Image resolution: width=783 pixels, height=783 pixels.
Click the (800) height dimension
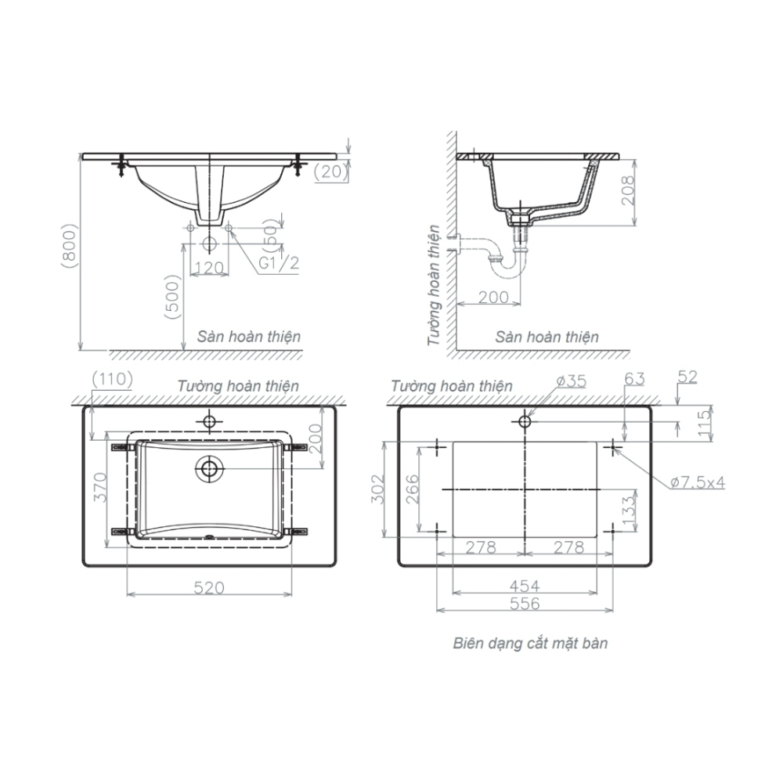pos(69,245)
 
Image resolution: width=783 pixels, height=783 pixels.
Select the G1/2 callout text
pos(279,262)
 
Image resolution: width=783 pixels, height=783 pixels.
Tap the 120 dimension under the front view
pos(209,268)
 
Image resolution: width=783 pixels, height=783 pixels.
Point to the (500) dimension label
pos(172,297)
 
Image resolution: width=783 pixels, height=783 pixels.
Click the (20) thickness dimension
pos(331,171)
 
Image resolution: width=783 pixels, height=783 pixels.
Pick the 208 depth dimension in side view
pos(627,190)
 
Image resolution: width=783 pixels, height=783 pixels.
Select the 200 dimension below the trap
pos(493,297)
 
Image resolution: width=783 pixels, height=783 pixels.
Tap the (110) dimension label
pos(112,379)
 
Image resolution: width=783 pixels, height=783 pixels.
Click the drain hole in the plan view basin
pos(209,469)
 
